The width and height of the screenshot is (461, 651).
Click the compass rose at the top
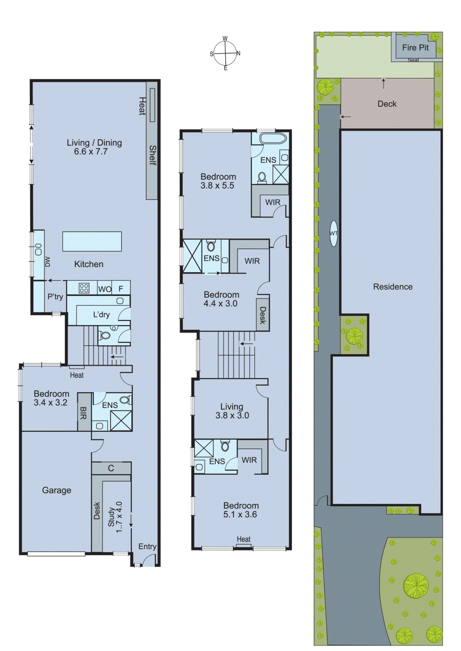[x=225, y=53]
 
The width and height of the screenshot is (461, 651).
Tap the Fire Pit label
[x=415, y=48]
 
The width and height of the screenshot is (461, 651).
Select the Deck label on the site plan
[x=386, y=104]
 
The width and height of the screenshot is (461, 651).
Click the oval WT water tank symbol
[x=334, y=233]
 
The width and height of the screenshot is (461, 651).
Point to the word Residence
[x=393, y=287]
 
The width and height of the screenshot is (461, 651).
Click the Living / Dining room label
[x=94, y=147]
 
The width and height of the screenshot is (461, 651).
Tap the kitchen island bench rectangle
[x=92, y=241]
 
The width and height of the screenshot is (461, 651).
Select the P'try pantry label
[x=55, y=296]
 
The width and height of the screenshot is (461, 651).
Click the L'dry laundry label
[x=101, y=315]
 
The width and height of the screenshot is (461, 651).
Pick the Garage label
[x=57, y=490]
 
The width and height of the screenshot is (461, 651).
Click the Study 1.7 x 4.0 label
[x=115, y=517]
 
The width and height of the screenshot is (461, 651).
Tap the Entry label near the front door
[x=147, y=546]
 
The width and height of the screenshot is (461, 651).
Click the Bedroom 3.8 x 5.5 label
[x=218, y=181]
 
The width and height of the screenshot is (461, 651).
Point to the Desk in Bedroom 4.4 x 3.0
[x=263, y=315]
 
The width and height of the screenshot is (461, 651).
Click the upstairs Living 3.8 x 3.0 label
[x=232, y=411]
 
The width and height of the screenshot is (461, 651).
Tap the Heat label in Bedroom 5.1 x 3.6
[x=244, y=539]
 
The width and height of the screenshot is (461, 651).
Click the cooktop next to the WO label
[x=84, y=288]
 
